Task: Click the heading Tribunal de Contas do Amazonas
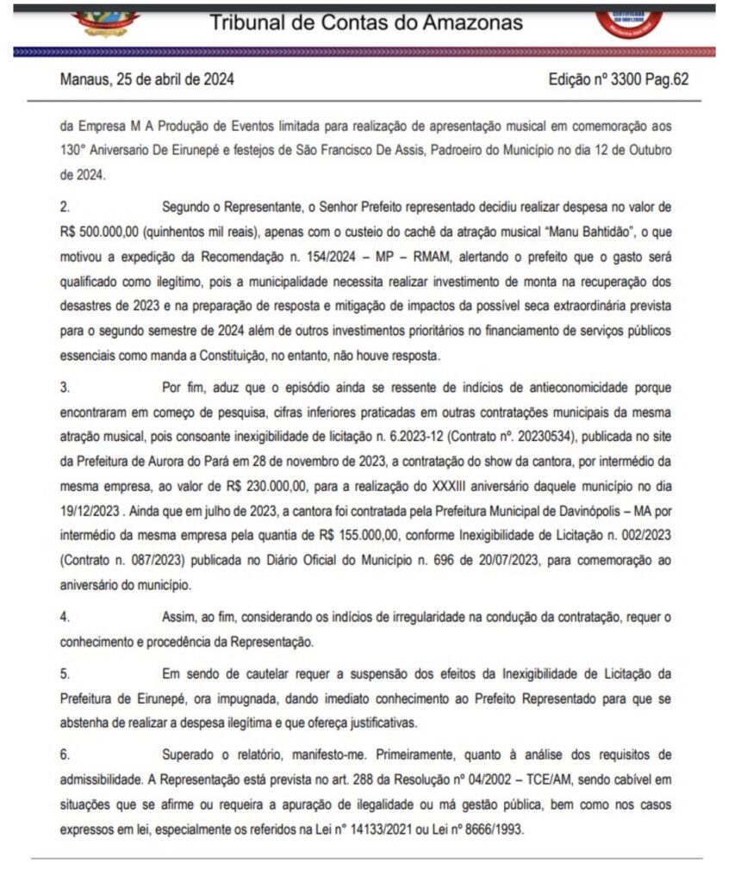(366, 23)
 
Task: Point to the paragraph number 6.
(65, 754)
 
